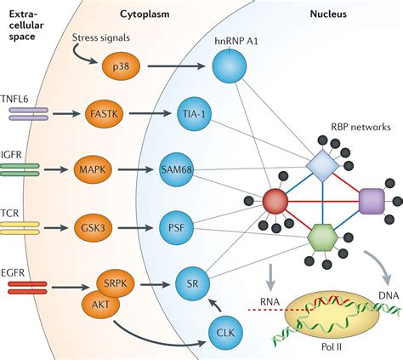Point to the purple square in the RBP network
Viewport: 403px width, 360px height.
(x=372, y=203)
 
